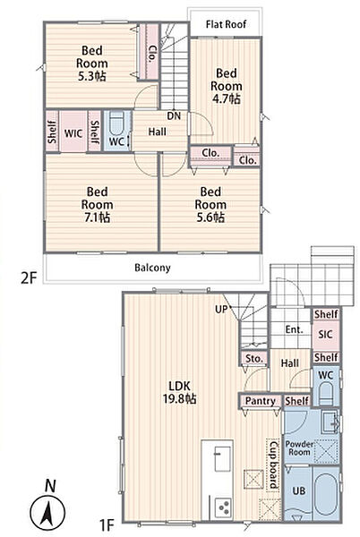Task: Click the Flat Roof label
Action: (x=226, y=24)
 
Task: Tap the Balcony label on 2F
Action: (x=152, y=268)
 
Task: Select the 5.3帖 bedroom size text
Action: (x=92, y=76)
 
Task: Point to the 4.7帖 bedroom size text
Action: (x=226, y=98)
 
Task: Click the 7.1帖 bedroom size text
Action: (x=98, y=217)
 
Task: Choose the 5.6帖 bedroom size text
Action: (x=210, y=217)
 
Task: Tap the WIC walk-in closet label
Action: (x=73, y=133)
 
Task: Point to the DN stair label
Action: (x=174, y=116)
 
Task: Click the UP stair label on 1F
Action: (x=221, y=310)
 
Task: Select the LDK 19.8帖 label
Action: (x=179, y=392)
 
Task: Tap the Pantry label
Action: (x=261, y=401)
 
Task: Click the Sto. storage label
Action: (x=253, y=359)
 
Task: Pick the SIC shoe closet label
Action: (x=325, y=334)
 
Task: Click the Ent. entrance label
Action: (x=295, y=329)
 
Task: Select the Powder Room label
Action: (x=299, y=448)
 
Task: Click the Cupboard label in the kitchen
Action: (x=273, y=465)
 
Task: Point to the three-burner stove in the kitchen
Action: (x=223, y=507)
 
